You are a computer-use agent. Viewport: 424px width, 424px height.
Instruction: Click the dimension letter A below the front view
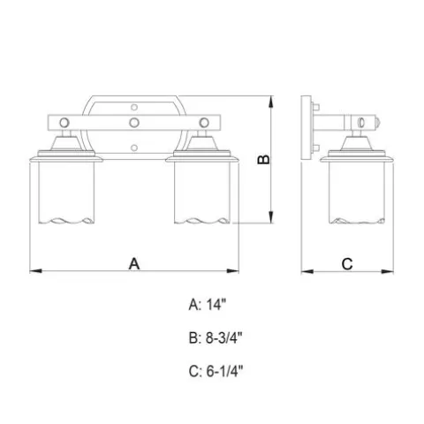[x=134, y=263]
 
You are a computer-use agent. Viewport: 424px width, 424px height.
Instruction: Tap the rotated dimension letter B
[x=263, y=159]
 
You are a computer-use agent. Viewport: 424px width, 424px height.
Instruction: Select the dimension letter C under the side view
[x=347, y=264]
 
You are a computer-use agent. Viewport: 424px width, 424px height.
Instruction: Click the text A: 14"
[x=208, y=305]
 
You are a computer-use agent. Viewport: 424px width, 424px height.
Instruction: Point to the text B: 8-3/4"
[x=216, y=338]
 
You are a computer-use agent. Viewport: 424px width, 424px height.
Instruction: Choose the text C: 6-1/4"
[x=216, y=371]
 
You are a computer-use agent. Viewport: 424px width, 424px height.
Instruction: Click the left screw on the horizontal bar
[x=64, y=123]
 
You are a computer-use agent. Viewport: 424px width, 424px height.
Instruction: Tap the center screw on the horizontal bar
[x=134, y=123]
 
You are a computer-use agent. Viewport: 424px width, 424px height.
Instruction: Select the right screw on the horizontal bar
[x=204, y=123]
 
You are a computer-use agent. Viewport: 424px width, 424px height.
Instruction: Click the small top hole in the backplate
[x=134, y=107]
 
